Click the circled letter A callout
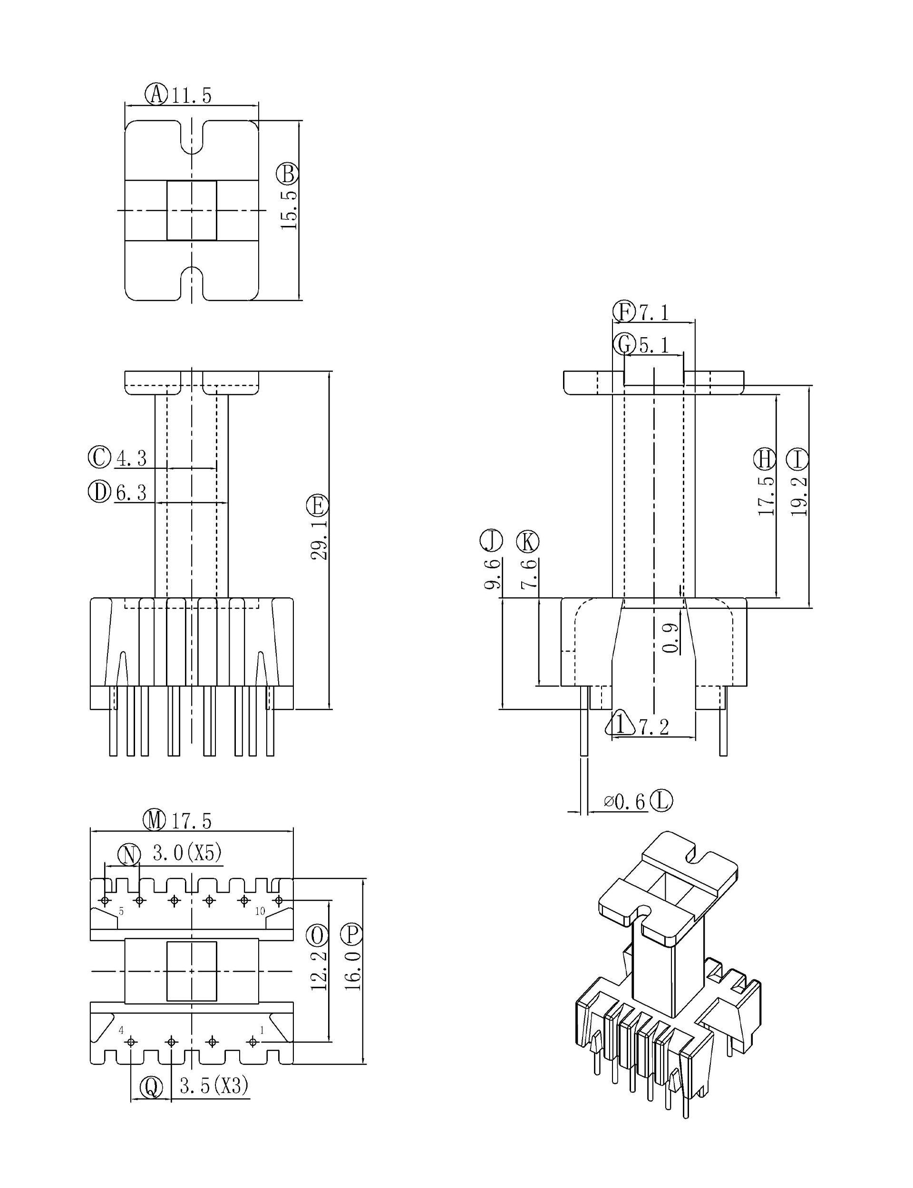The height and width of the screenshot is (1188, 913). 156,94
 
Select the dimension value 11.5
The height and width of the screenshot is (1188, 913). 191,96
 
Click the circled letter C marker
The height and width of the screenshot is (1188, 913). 99,457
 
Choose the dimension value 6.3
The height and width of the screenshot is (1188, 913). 131,493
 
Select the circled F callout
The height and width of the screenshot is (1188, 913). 624,312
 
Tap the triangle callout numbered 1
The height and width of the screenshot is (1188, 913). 620,724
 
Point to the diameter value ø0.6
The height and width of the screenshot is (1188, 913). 624,802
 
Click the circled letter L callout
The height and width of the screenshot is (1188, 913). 661,800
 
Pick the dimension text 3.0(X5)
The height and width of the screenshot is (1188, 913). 187,853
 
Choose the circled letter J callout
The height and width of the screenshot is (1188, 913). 491,541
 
